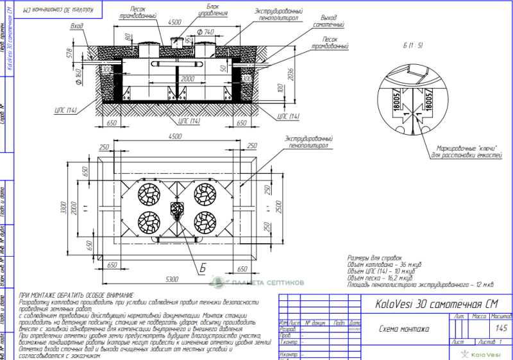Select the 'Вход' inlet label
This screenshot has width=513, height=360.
[78, 26]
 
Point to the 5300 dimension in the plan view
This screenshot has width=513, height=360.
[170, 280]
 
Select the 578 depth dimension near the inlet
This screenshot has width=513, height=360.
[67, 56]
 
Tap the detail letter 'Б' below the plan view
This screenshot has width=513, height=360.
[202, 268]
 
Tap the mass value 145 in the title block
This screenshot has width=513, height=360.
[501, 329]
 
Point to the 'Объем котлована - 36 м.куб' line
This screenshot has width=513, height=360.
[384, 264]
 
